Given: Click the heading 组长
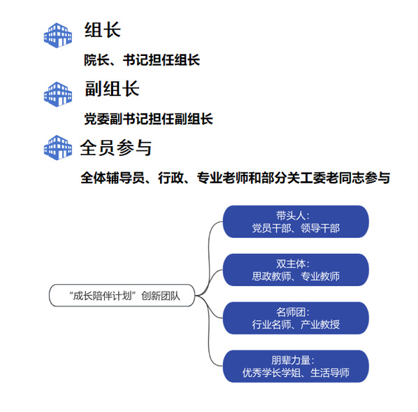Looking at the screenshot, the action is [103, 30].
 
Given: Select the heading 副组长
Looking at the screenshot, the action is [112, 89].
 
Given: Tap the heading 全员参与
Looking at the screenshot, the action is [116, 148].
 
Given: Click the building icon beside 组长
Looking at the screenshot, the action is [58, 36].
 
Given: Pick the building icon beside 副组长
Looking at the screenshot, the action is [58, 94].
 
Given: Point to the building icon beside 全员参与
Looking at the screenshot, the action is [58, 148].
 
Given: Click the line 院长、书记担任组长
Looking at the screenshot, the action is [142, 59].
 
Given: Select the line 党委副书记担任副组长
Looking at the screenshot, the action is [148, 119].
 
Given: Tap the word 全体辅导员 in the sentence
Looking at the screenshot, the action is [113, 178].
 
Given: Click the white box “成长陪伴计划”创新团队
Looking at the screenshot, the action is [122, 295].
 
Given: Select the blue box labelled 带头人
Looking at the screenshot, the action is [296, 222].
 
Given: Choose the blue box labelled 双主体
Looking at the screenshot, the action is [296, 270].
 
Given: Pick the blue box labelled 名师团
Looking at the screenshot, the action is [296, 318].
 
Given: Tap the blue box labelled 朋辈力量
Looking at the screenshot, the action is [296, 367].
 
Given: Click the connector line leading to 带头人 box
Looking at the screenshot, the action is [209, 256].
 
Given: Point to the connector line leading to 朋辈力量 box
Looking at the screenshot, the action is [209, 334].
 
